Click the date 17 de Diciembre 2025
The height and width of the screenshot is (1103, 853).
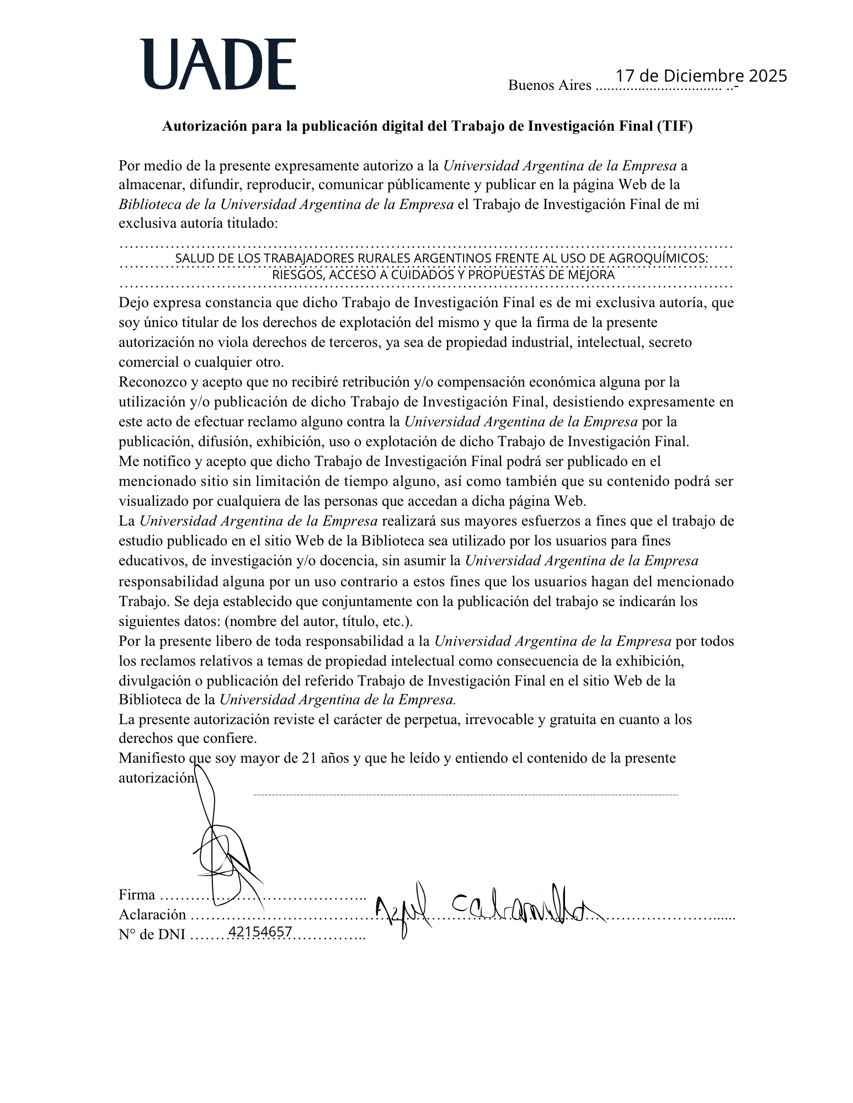point(701,76)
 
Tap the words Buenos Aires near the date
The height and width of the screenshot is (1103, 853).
point(550,85)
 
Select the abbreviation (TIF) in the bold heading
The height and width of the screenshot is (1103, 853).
point(674,126)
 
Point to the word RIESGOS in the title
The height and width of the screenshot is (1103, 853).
point(297,275)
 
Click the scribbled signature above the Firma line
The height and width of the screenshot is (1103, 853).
point(221,849)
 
